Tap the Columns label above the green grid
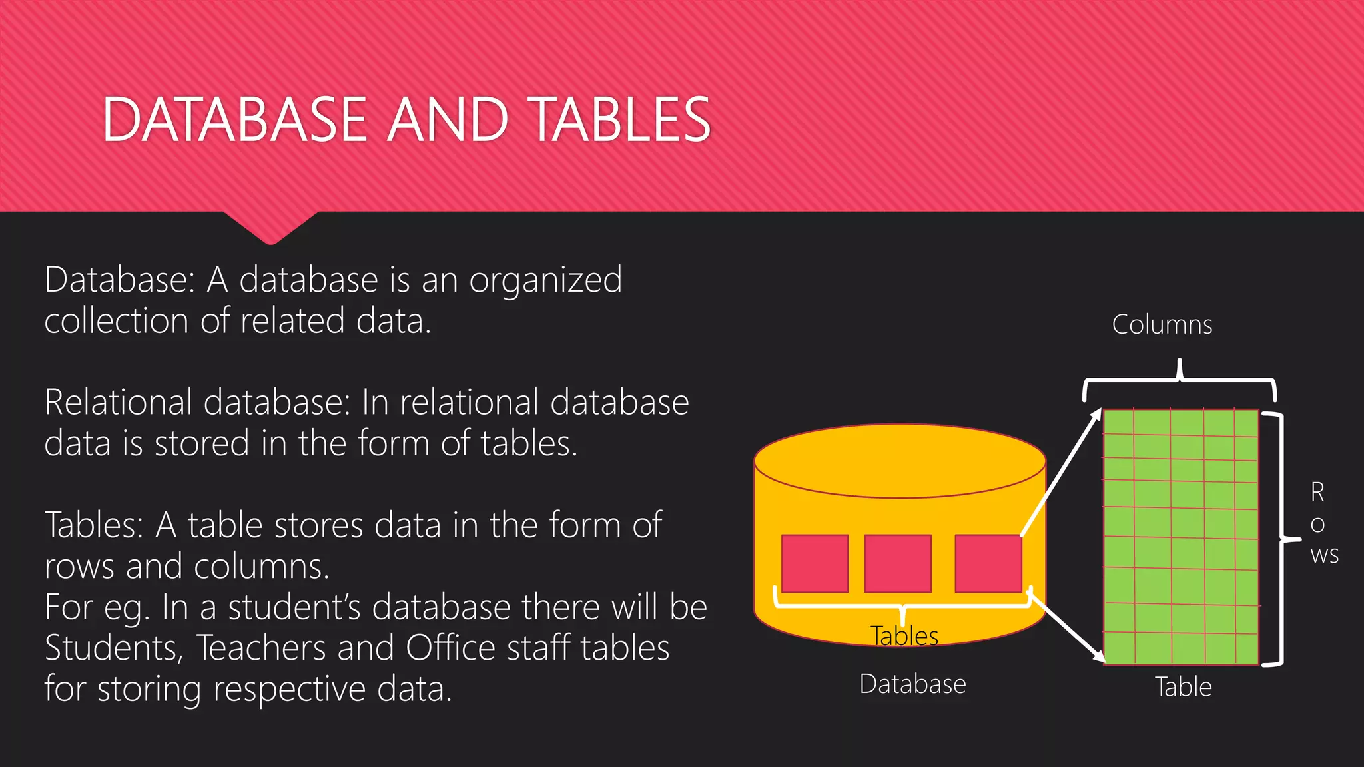1162,325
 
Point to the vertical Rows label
1322,523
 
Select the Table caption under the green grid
1183,687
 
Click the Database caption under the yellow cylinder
912,684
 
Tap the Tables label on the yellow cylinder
904,636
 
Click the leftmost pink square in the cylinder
815,563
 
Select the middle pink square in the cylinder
898,563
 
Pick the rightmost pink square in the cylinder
988,563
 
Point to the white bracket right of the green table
1281,539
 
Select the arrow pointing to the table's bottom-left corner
1066,626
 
